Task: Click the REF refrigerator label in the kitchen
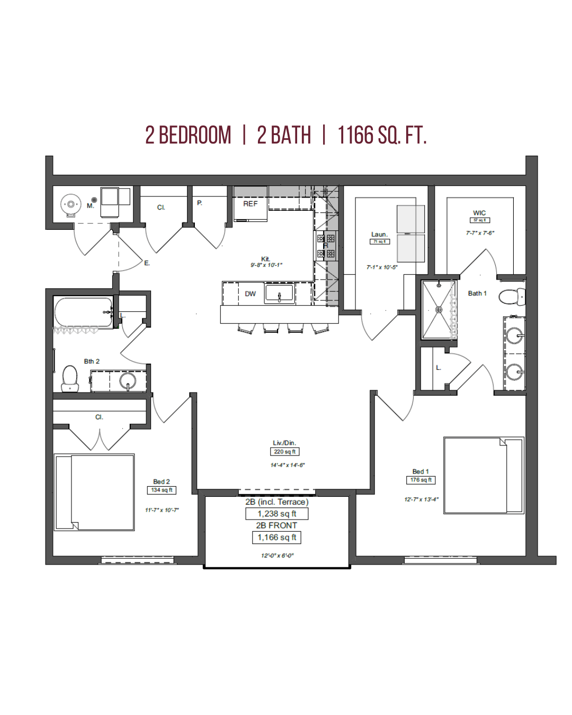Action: [250, 204]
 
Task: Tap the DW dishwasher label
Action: [250, 294]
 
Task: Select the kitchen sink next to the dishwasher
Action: [280, 293]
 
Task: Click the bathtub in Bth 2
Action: [83, 312]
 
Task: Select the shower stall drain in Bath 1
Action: [439, 310]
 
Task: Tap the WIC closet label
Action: [479, 213]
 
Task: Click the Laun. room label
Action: [379, 235]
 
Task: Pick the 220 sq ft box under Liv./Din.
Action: [285, 452]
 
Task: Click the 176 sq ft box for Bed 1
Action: [421, 480]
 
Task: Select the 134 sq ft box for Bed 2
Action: [162, 490]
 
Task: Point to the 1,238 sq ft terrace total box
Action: [276, 514]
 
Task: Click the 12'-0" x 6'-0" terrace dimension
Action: [277, 556]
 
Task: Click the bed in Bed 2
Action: [95, 492]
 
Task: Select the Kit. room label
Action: [265, 259]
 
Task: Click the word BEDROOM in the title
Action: [195, 136]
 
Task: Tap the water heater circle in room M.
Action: [70, 204]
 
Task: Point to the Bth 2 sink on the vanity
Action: [127, 380]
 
